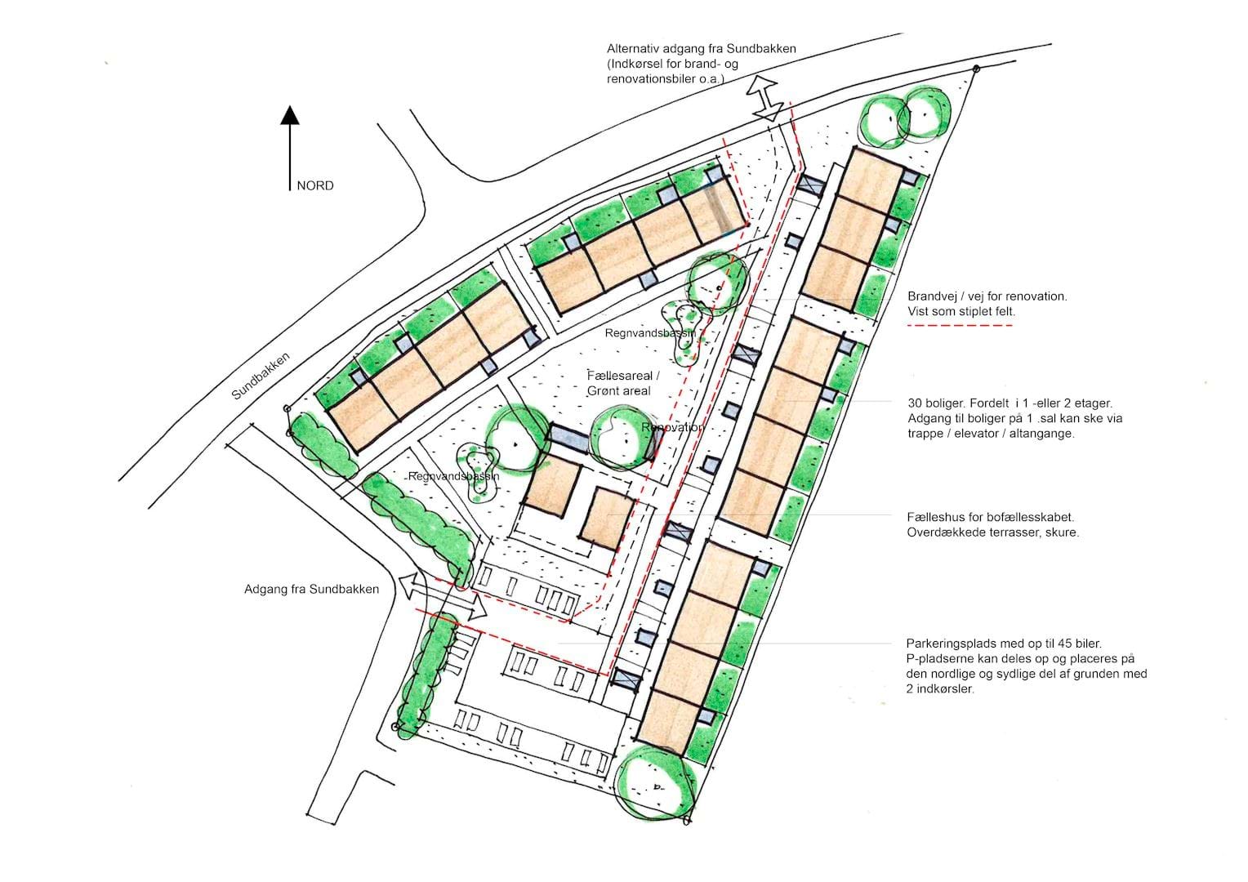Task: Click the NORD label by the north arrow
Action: point(314,185)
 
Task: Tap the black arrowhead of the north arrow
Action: point(290,115)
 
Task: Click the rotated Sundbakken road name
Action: point(261,376)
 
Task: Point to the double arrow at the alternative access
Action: point(764,99)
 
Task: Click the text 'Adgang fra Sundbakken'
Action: point(311,589)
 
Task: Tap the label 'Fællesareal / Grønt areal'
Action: point(623,383)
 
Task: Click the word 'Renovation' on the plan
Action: point(672,427)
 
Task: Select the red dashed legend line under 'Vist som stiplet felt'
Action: point(960,325)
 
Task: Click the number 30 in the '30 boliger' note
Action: point(915,403)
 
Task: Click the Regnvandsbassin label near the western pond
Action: point(453,476)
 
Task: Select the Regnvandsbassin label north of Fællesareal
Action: point(650,333)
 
